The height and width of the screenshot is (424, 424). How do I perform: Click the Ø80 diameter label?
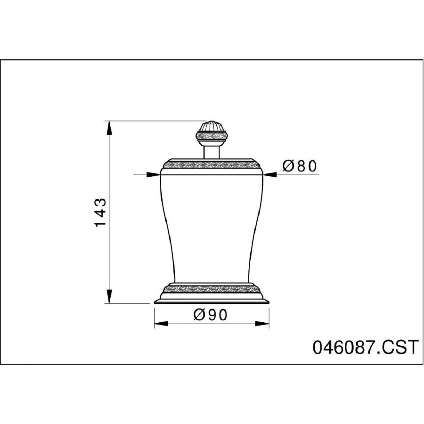(299, 166)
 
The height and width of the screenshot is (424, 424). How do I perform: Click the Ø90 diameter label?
(211, 315)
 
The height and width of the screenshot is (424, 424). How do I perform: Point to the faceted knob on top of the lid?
(211, 134)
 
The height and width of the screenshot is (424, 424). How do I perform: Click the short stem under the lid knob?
(211, 152)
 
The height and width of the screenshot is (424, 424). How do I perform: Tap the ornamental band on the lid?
(212, 165)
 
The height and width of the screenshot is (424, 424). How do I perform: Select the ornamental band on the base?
(212, 289)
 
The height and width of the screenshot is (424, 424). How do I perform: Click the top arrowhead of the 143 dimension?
(109, 128)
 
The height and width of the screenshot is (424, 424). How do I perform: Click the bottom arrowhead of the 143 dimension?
(109, 296)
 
